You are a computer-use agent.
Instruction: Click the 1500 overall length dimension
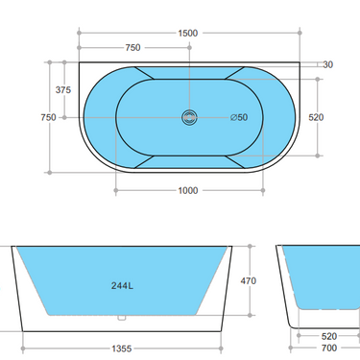click(x=187, y=33)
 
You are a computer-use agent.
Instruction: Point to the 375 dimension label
click(x=63, y=89)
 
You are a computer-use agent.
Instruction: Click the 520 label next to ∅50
click(x=316, y=117)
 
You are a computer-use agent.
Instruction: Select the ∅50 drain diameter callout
click(x=239, y=117)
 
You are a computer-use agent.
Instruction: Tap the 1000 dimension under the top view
click(x=187, y=190)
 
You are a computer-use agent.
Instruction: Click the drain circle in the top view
click(x=189, y=117)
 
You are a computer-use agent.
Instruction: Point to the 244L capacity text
click(x=121, y=285)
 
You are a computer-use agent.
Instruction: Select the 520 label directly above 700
click(x=328, y=337)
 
